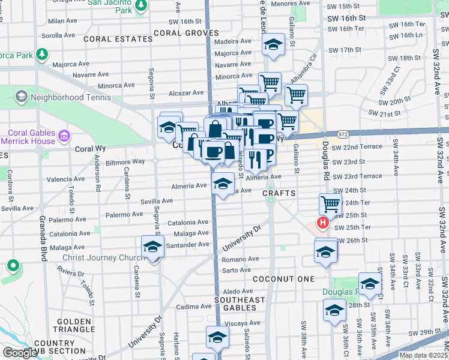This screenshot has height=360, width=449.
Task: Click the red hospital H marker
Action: pyautogui.click(x=323, y=224)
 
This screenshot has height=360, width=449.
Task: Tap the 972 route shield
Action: pyautogui.click(x=343, y=136)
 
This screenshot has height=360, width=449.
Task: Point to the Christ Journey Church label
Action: pyautogui.click(x=101, y=258)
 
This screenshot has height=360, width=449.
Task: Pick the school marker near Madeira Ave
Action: pyautogui.click(x=273, y=44)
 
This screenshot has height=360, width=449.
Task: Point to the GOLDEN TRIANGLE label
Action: pyautogui.click(x=75, y=325)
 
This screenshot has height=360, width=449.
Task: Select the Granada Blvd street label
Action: pyautogui.click(x=43, y=240)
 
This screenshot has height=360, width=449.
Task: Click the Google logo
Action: pyautogui.click(x=20, y=353)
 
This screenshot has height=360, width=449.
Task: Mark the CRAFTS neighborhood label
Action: pyautogui.click(x=279, y=193)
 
